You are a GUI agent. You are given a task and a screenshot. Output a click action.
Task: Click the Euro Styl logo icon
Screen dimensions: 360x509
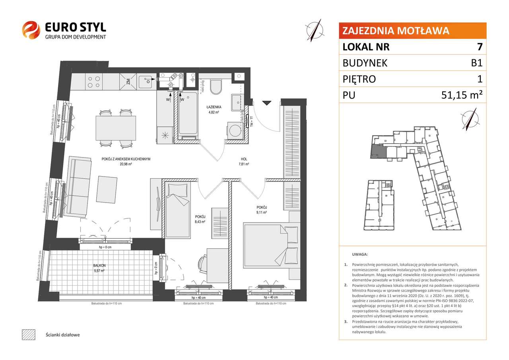click(31, 30)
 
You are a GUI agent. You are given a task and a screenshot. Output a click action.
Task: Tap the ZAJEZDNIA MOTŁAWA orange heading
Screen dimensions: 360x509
click(396, 31)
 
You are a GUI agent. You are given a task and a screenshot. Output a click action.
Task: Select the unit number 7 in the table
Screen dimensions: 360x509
click(480, 47)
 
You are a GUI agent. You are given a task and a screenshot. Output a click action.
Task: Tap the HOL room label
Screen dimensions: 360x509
click(243, 158)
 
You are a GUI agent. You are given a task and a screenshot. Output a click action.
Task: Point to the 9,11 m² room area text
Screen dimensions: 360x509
click(261, 212)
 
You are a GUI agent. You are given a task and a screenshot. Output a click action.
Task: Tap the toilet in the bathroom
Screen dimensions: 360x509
click(216, 87)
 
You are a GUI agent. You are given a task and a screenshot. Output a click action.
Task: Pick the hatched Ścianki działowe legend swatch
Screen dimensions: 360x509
click(28, 335)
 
